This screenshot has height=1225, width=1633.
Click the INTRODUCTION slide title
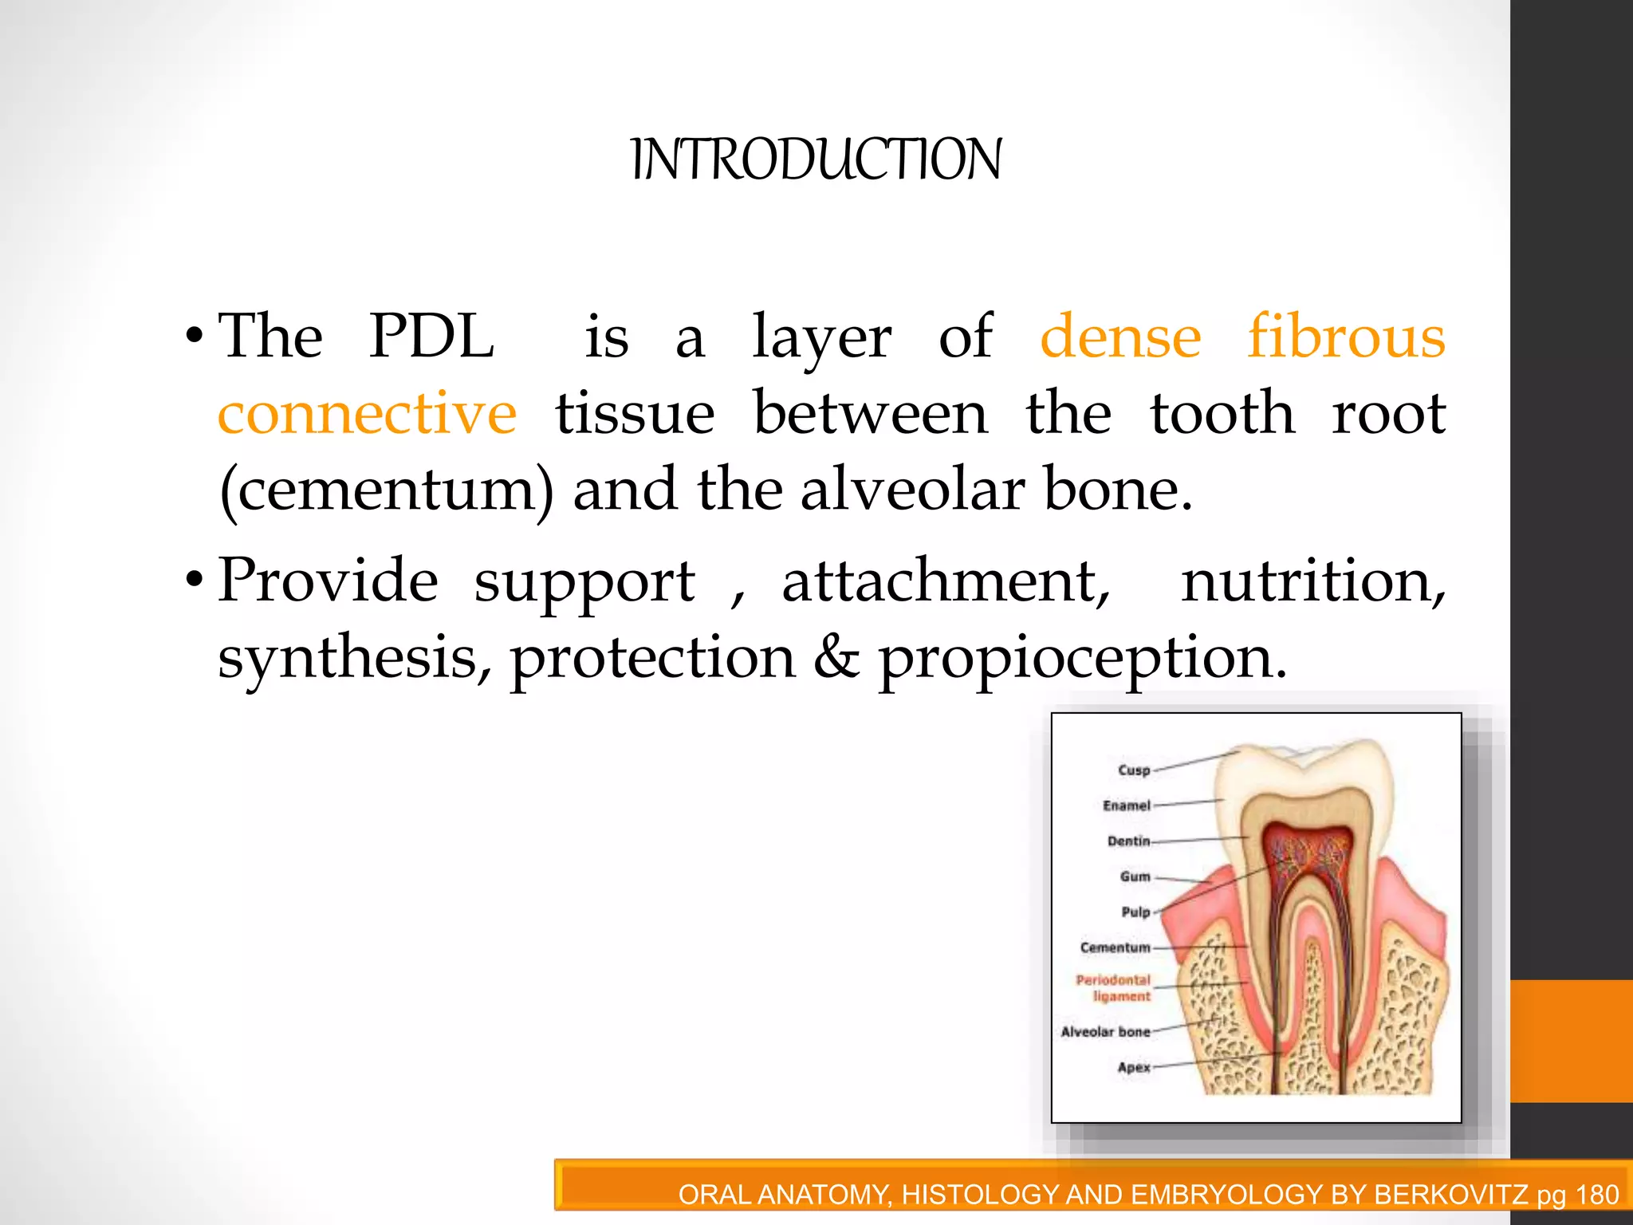[x=816, y=160]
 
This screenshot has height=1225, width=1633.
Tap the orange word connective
[x=368, y=414]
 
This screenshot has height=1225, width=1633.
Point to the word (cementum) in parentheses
[x=386, y=490]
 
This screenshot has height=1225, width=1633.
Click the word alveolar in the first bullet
[x=912, y=490]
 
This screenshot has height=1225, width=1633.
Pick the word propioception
[x=1082, y=659]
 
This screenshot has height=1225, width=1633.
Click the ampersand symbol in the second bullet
[x=836, y=657]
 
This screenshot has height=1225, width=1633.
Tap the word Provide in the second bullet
[x=328, y=581]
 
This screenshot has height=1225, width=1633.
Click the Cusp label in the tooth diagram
[x=1134, y=770]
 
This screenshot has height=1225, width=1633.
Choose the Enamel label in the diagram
[x=1126, y=806]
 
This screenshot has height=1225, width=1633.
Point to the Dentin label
[x=1128, y=841]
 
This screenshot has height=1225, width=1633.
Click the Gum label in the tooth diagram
[x=1135, y=876]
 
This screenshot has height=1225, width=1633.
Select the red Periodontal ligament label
[x=1113, y=988]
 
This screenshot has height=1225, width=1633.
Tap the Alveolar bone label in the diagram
[x=1105, y=1032]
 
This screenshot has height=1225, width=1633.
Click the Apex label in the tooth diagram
[x=1133, y=1068]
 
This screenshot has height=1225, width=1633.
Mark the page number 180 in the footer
[x=1597, y=1195]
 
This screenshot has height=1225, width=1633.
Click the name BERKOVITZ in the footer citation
[x=1450, y=1195]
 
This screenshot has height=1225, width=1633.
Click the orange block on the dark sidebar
[x=1571, y=1041]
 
